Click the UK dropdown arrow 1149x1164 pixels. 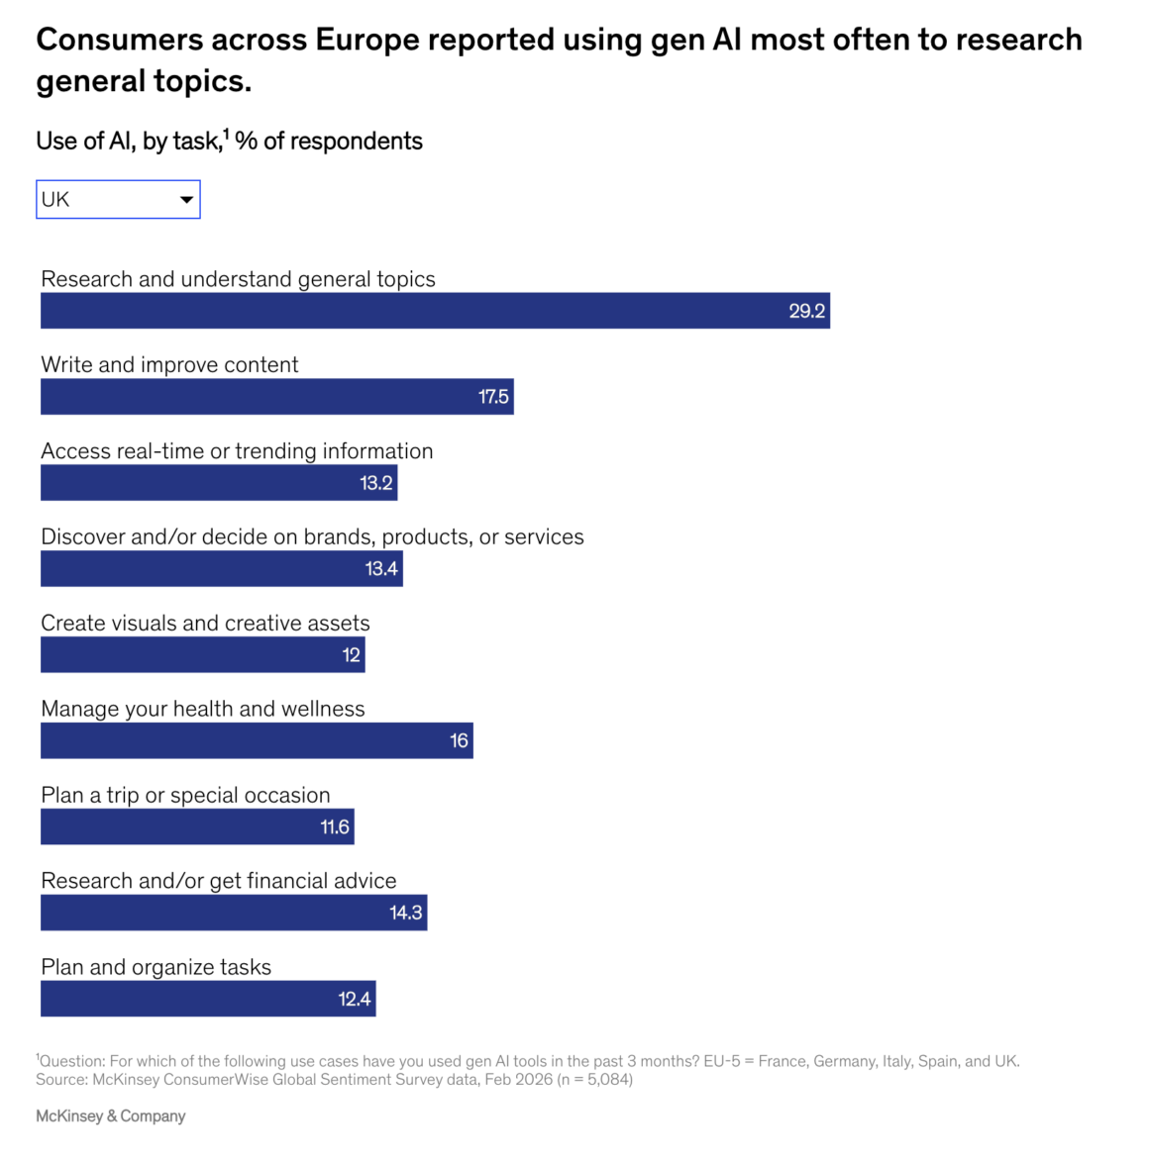(186, 200)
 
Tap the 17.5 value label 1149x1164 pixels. (493, 397)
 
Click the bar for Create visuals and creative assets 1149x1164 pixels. (202, 655)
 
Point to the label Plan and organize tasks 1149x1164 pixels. (156, 967)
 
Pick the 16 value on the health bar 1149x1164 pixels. (459, 740)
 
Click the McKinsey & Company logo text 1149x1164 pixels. (111, 1116)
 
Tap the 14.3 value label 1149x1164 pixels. (405, 913)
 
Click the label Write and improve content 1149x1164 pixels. (169, 365)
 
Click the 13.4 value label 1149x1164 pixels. (381, 569)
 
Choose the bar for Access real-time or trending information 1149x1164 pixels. (218, 483)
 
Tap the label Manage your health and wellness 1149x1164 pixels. (202, 709)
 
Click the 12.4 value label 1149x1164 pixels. (354, 999)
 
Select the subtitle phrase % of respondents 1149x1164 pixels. (329, 142)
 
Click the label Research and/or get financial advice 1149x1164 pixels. (218, 881)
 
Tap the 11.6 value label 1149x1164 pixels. (335, 827)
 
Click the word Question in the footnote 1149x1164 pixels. (71, 1061)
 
